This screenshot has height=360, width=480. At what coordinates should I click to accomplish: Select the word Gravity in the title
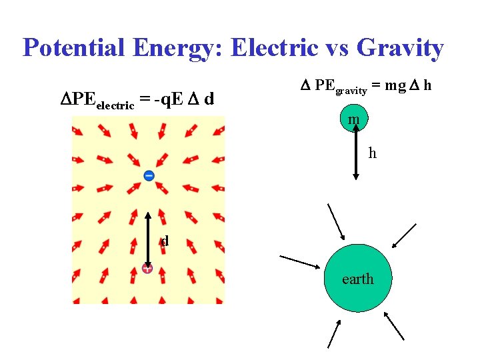[400, 48]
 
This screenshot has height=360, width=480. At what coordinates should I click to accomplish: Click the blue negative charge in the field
[149, 175]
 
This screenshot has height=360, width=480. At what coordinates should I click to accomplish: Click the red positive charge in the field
[147, 269]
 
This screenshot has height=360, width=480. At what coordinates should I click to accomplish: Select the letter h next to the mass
[373, 154]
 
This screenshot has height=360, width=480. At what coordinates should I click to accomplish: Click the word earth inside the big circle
[358, 279]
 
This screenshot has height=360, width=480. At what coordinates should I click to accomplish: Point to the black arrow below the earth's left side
[334, 333]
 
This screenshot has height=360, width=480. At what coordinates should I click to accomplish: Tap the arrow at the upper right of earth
[405, 236]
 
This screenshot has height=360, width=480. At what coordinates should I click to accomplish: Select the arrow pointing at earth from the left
[300, 261]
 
